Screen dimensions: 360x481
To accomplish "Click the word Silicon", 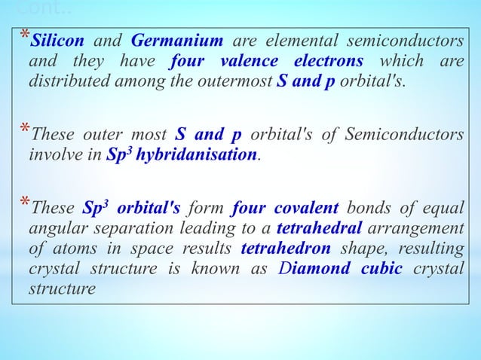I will [62, 39].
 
